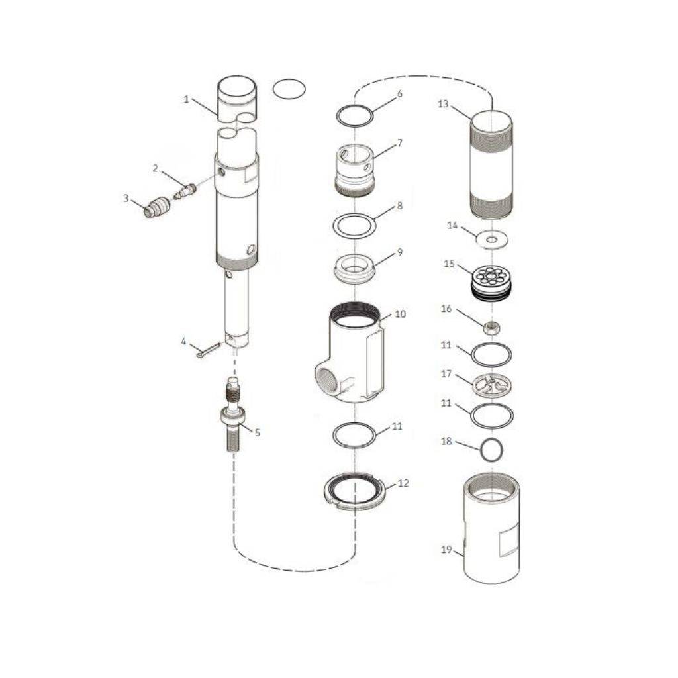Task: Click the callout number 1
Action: pyautogui.click(x=187, y=99)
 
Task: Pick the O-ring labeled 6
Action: pyautogui.click(x=356, y=116)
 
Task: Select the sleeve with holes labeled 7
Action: pyautogui.click(x=355, y=169)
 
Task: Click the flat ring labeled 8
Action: pyautogui.click(x=354, y=225)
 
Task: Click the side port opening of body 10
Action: pyautogui.click(x=329, y=381)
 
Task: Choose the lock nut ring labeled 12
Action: pyautogui.click(x=356, y=491)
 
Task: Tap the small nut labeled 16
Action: pyautogui.click(x=491, y=326)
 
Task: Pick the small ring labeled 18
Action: pyautogui.click(x=491, y=450)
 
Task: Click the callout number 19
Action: pyautogui.click(x=446, y=550)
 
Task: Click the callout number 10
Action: pyautogui.click(x=400, y=315)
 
